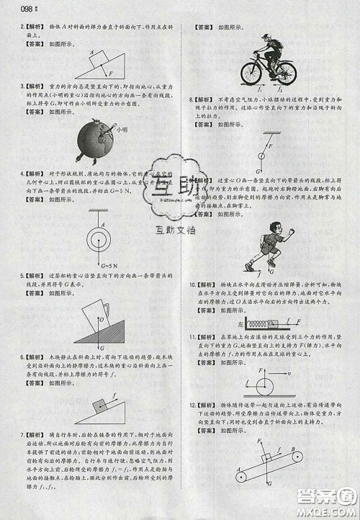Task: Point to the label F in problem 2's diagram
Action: tap(110, 73)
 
